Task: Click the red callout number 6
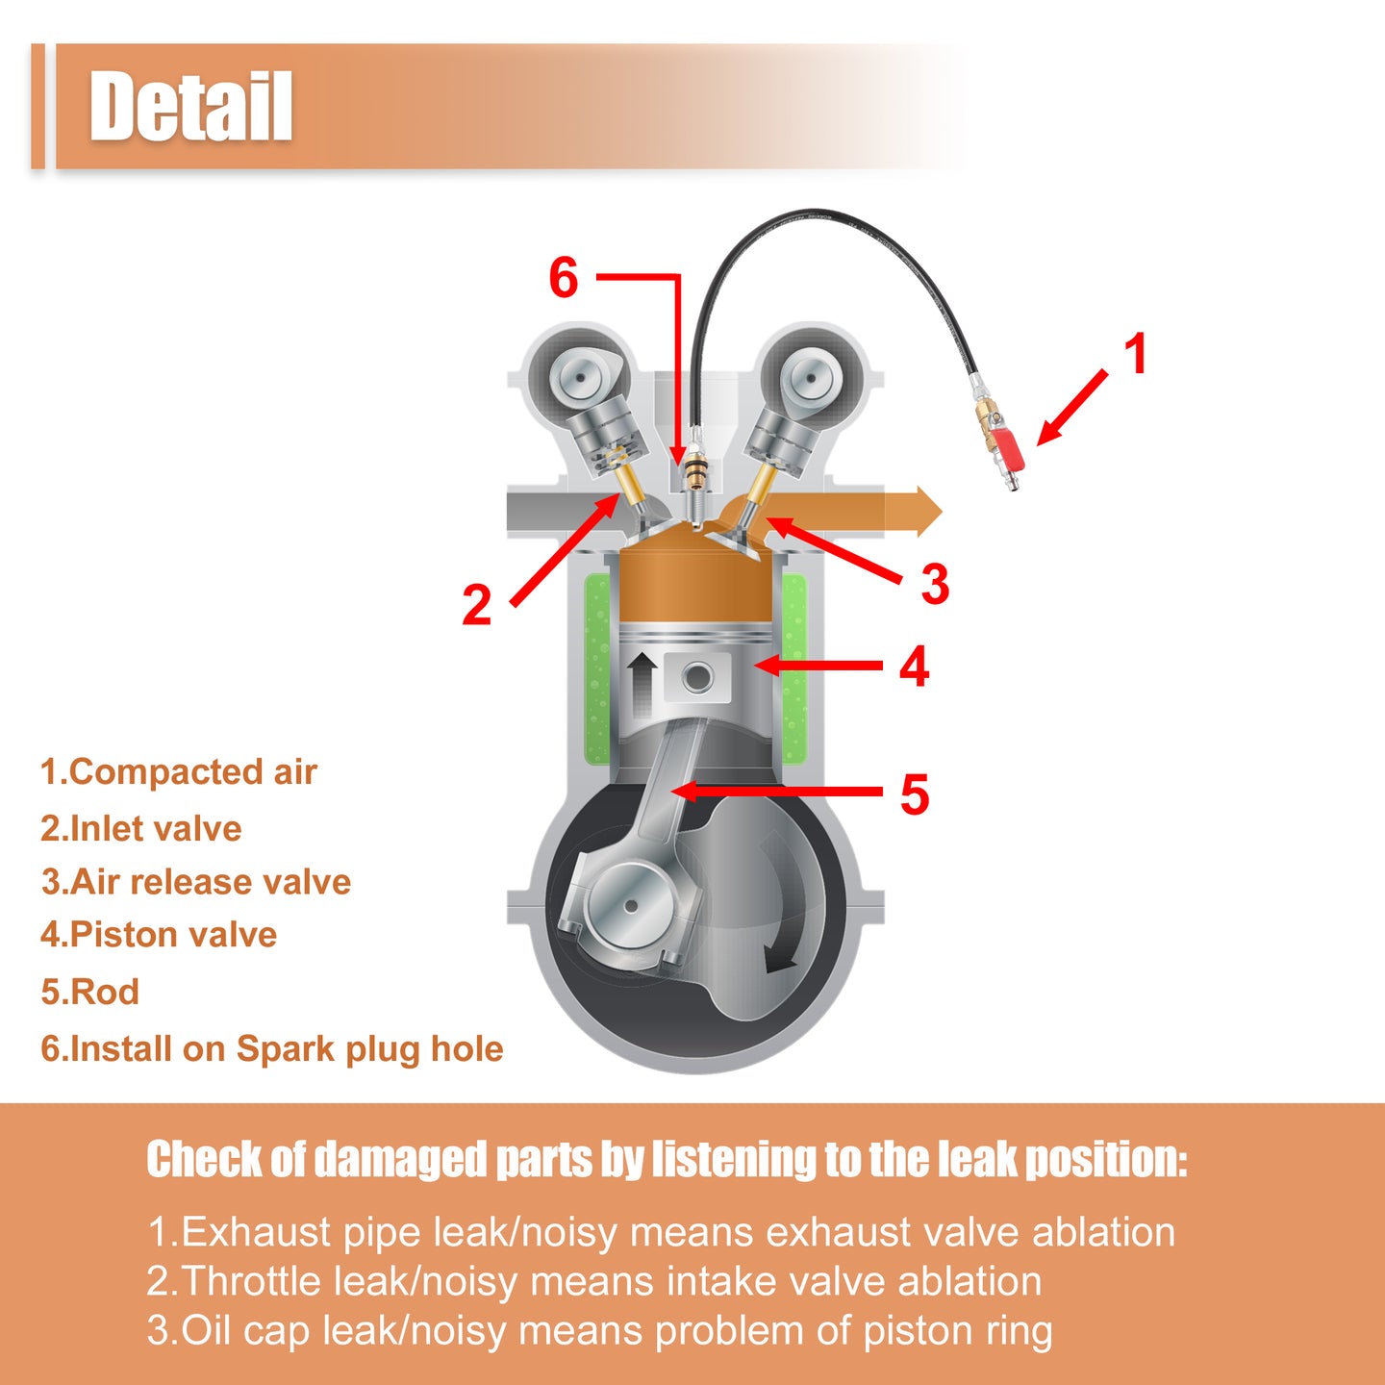[563, 278]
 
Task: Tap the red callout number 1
[1136, 354]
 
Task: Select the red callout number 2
[476, 604]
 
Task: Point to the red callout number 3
[935, 584]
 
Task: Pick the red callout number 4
[915, 667]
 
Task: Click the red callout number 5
[915, 794]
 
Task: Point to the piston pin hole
[697, 678]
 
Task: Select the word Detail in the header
[190, 107]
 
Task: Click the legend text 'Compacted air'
[193, 772]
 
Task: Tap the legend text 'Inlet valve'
[156, 828]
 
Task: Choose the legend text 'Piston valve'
[173, 934]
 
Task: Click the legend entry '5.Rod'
[89, 992]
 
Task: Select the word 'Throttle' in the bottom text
[250, 1281]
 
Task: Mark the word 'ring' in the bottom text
[1018, 1331]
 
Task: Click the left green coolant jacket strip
[597, 668]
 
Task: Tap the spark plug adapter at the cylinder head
[694, 474]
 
